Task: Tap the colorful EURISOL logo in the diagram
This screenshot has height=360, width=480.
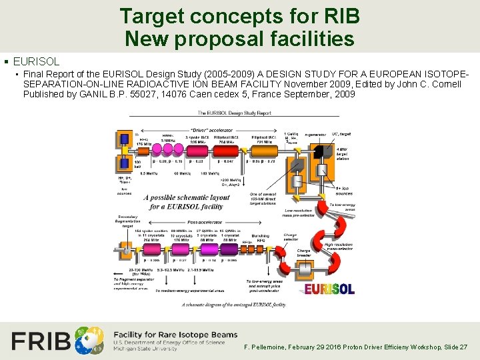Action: click(x=329, y=289)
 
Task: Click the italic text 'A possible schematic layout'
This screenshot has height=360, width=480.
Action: click(x=191, y=197)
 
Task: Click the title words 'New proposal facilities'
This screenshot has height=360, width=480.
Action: click(x=239, y=39)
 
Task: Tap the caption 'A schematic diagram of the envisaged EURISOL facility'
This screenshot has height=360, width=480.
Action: click(x=234, y=305)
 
